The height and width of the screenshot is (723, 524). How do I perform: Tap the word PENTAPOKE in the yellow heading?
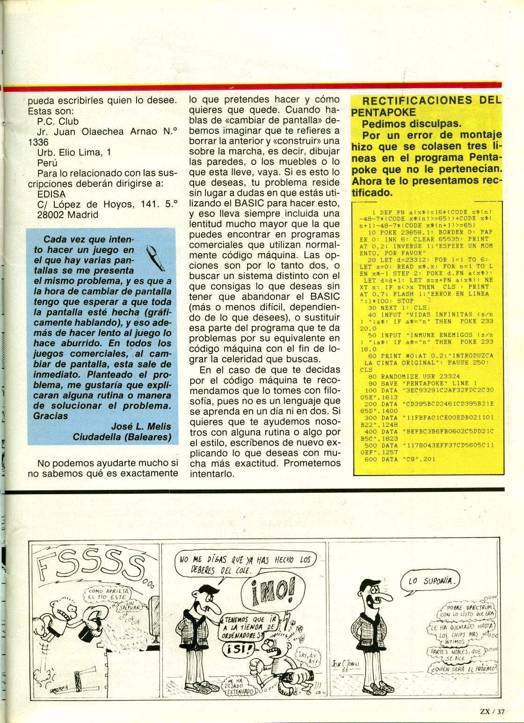383,112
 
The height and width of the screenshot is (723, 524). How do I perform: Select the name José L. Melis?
141,426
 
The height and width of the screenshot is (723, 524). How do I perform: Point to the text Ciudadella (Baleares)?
122,437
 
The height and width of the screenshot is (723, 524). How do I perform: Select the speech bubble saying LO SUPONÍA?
430,581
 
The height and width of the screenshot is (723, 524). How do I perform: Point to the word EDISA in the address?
51,194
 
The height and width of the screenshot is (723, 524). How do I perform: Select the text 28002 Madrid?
68,215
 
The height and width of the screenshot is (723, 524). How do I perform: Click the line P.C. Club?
58,122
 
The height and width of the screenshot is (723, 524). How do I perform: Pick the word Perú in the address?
47,163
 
